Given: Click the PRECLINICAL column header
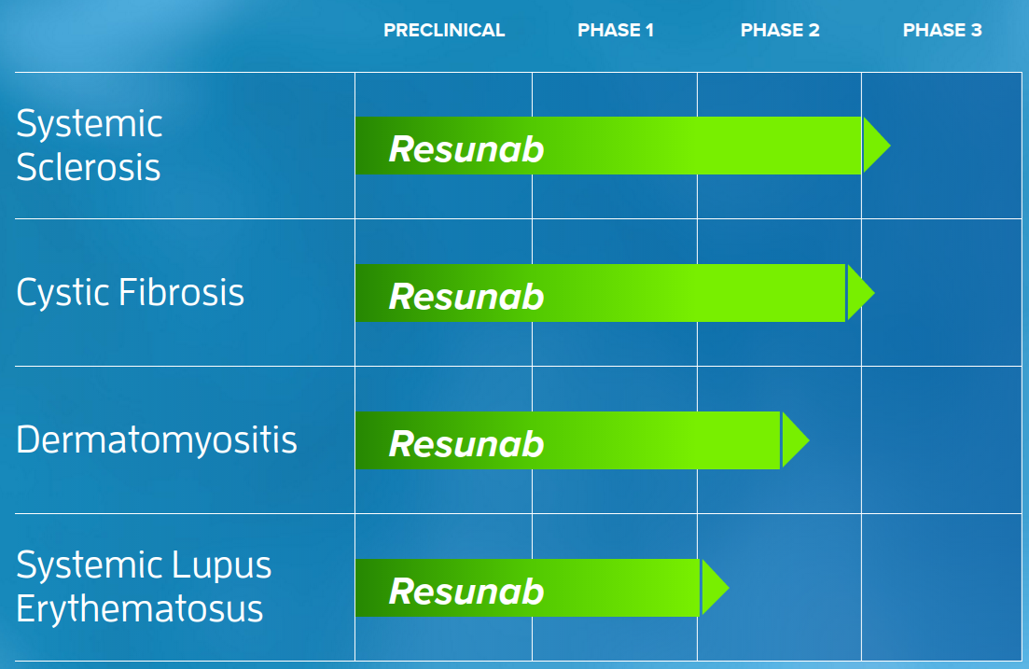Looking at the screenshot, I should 444,31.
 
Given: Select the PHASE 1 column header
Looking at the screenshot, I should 616,31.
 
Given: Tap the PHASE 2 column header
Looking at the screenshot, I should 780,31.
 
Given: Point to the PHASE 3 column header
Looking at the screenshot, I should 942,31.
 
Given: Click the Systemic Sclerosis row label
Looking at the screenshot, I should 90,146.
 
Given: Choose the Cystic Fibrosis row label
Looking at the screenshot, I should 131,293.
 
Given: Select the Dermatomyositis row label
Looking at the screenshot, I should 157,439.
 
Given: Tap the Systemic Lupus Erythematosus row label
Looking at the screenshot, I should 144,587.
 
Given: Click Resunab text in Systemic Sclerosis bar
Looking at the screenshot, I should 466,149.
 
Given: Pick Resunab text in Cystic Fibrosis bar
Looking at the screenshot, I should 466,297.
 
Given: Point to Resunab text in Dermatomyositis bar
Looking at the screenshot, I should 466,444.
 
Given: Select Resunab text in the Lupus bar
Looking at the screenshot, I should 466,592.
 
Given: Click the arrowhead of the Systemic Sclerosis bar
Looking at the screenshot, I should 874,146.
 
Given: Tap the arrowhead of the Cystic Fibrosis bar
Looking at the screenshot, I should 858,293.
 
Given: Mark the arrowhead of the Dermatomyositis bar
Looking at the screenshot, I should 793,439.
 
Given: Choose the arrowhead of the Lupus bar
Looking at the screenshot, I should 713,587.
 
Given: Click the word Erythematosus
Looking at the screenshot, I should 140,609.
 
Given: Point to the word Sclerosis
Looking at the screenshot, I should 89,168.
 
